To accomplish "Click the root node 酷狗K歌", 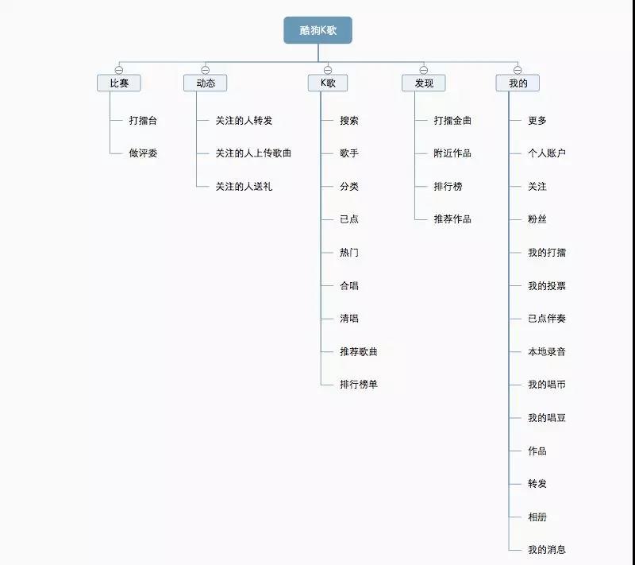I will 317,30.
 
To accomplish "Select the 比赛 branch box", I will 119,83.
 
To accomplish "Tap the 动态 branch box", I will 205,83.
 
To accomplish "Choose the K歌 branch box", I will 327,83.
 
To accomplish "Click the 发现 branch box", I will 423,83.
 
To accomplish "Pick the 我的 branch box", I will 517,83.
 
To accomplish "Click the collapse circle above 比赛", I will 119,70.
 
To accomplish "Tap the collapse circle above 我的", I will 517,70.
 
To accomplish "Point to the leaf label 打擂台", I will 143,121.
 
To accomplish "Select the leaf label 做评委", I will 143,153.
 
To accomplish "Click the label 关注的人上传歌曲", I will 253,153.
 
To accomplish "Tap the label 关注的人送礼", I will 244,187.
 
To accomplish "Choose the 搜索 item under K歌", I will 349,121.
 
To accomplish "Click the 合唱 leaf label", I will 349,285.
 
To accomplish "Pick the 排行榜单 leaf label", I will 359,385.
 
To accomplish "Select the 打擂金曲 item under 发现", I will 452,121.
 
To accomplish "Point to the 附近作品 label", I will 452,153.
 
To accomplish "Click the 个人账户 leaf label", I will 547,153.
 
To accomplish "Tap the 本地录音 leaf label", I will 547,351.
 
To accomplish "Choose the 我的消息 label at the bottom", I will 547,550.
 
